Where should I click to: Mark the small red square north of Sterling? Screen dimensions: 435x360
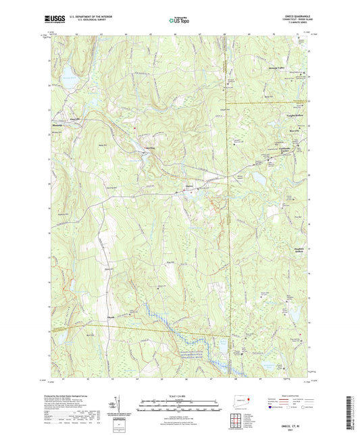tap(135, 128)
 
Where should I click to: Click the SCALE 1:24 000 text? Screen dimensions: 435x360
tap(180, 395)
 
